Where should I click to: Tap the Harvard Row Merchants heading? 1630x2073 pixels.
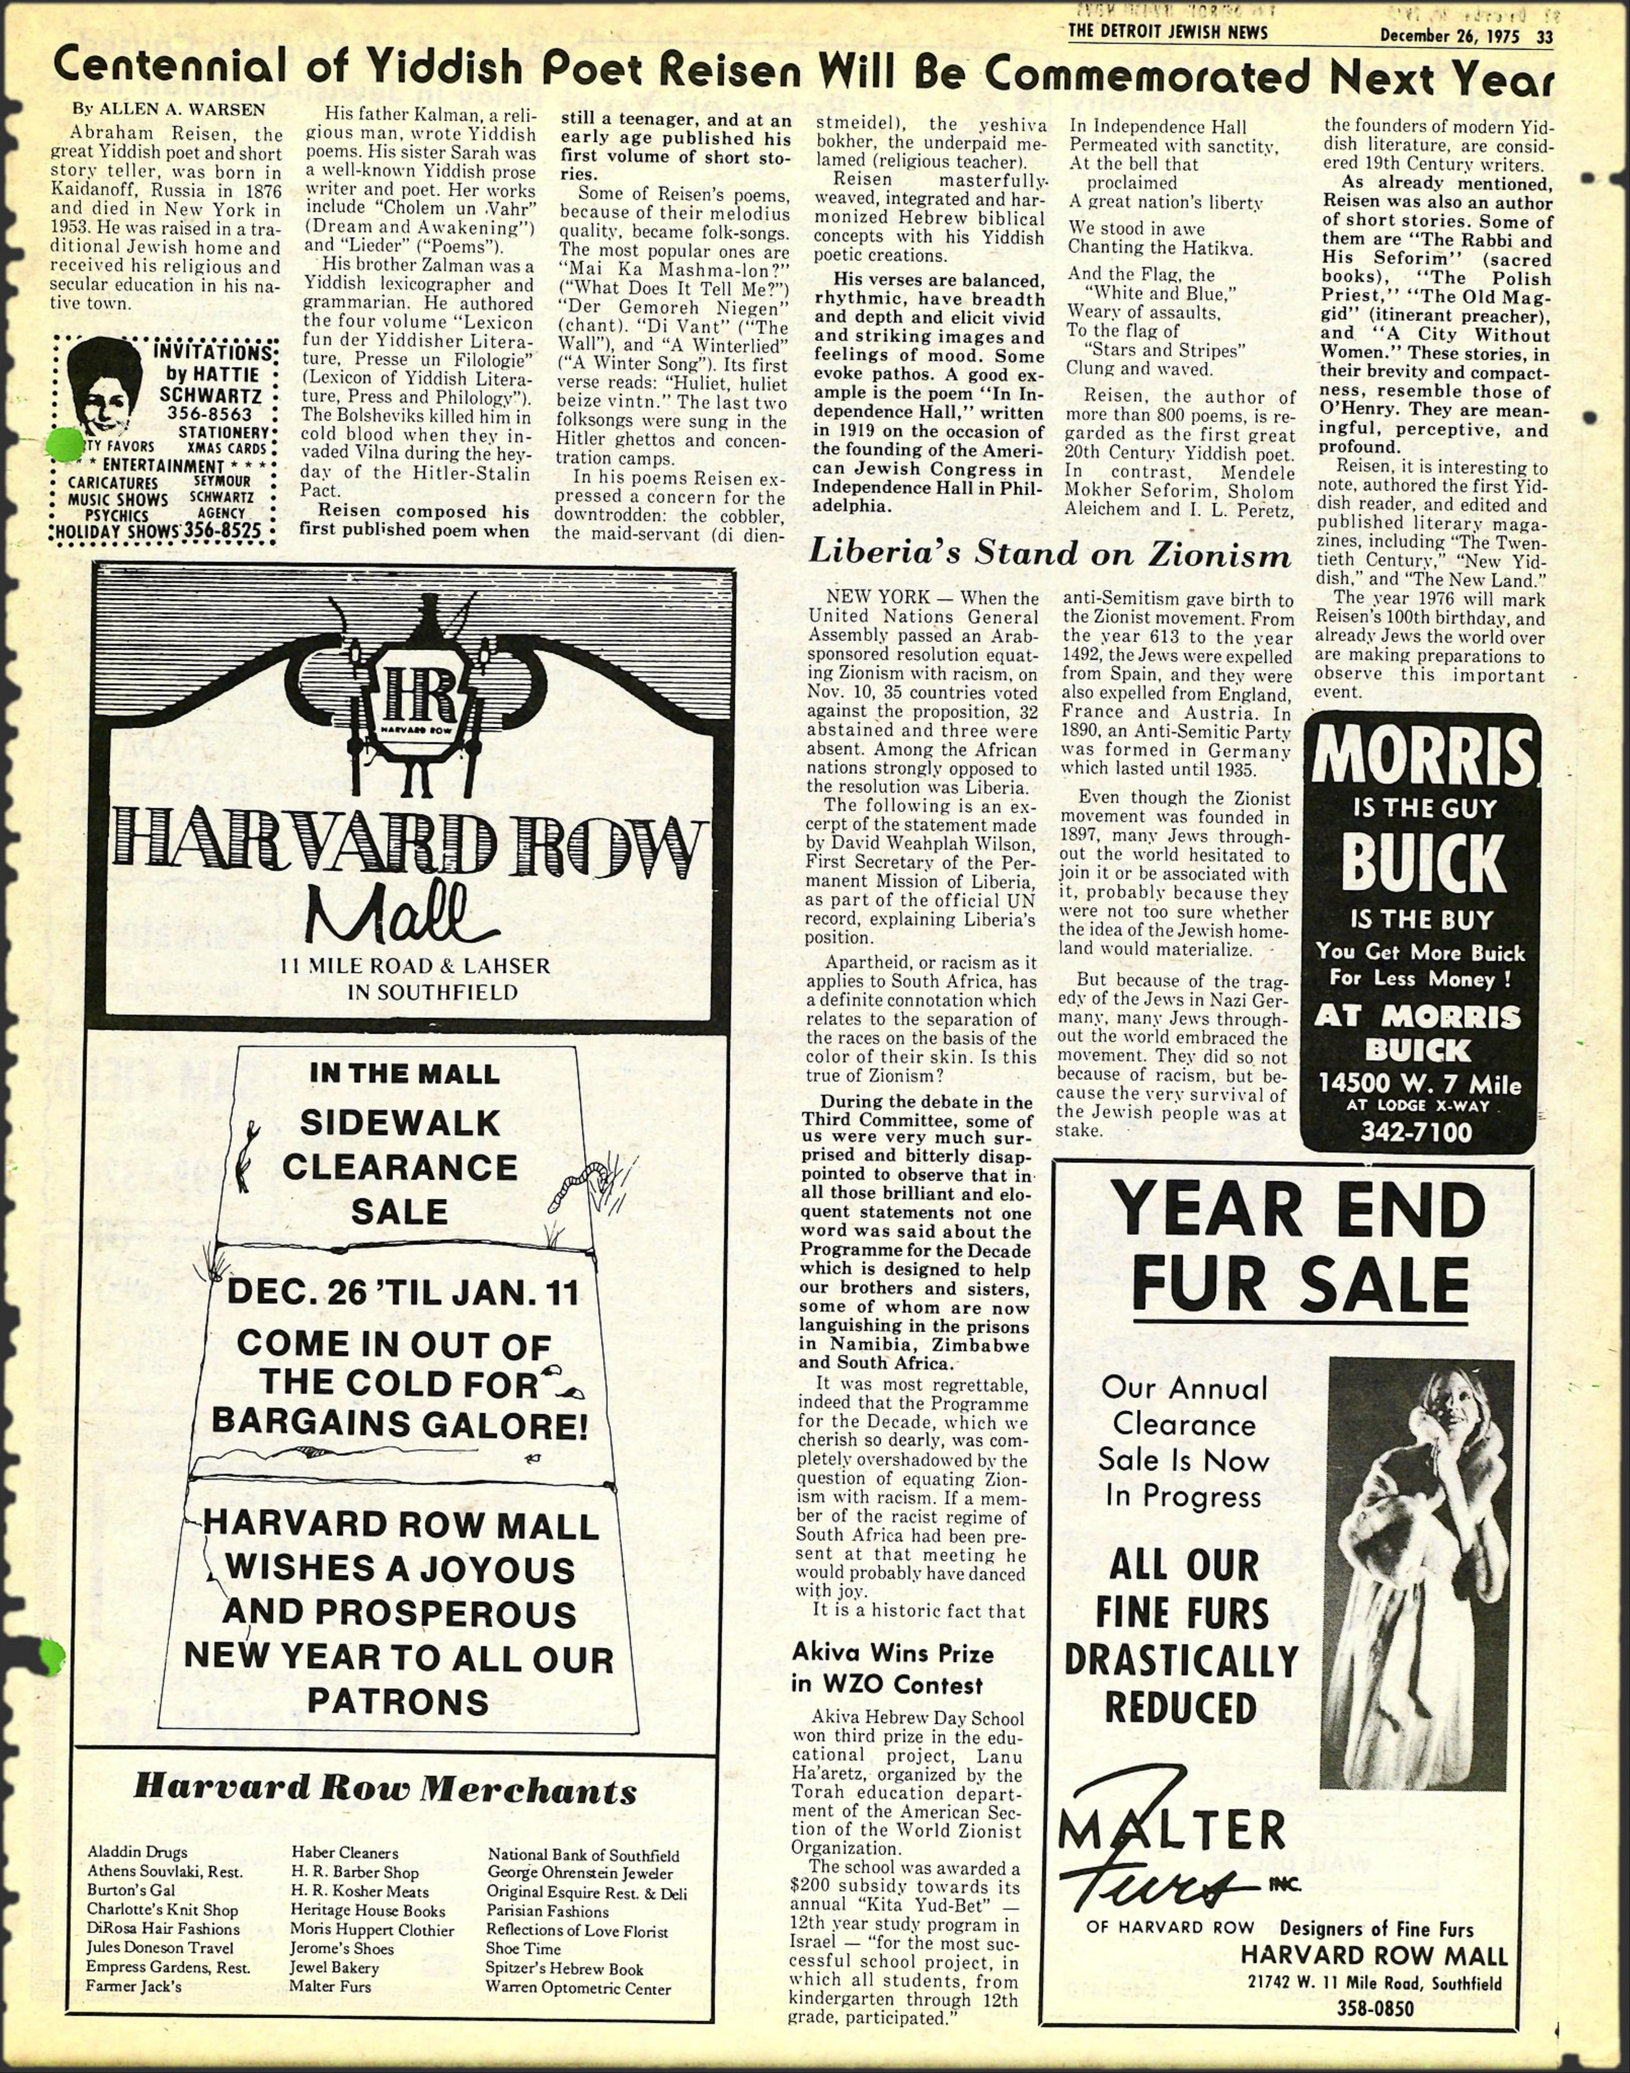tap(385, 1788)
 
